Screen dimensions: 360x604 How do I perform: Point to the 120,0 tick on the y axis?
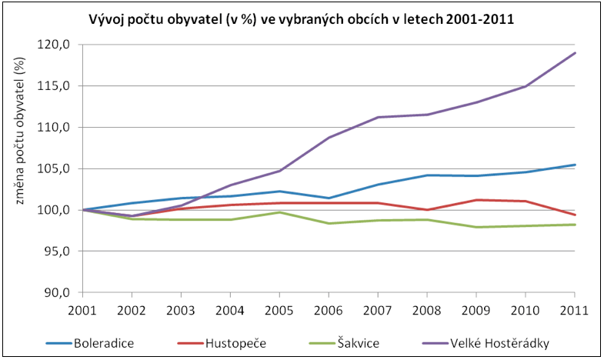[57, 44]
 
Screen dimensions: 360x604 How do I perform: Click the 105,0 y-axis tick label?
[57, 168]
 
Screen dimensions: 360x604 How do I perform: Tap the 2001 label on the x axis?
[82, 311]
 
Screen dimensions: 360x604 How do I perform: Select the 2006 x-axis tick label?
[329, 311]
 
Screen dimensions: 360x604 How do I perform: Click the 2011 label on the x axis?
[575, 311]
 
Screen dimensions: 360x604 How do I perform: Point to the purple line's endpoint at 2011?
[575, 53]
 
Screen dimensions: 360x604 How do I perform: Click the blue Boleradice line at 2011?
[575, 165]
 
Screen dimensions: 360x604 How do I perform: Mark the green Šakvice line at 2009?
[476, 227]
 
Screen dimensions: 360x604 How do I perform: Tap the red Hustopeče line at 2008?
[427, 209]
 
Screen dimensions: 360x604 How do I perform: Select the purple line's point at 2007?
[378, 117]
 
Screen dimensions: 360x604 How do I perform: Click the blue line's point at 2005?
[279, 191]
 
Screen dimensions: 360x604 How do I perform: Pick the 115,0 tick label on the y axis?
[57, 85]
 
